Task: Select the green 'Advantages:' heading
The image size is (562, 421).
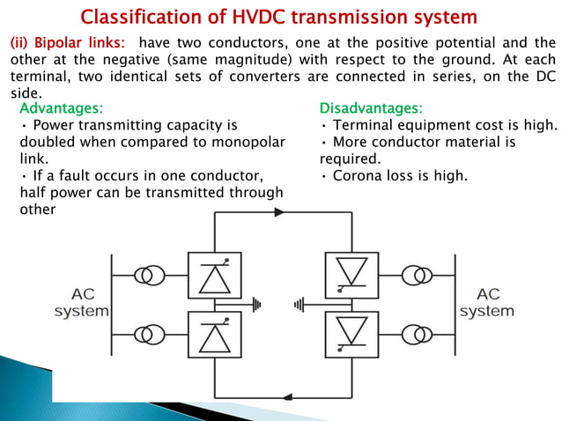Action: point(61,108)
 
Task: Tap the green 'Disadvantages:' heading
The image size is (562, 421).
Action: point(370,108)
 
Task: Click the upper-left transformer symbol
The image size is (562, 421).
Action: point(147,276)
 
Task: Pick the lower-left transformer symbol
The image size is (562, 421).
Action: point(147,335)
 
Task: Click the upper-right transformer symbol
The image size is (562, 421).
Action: point(418,276)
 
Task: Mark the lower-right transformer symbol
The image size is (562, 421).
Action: point(418,335)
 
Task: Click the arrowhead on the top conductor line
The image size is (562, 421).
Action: point(280,212)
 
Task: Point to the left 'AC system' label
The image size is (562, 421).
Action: point(82,303)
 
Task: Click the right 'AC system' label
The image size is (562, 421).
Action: point(486,303)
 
